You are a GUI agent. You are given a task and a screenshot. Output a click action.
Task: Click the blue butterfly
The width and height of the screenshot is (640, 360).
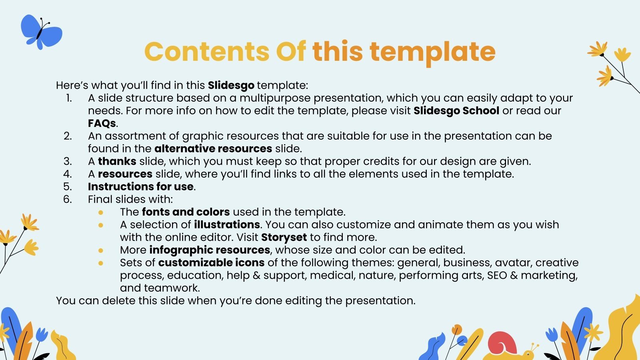(x=41, y=32)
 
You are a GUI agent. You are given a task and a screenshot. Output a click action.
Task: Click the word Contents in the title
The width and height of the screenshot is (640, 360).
(x=206, y=52)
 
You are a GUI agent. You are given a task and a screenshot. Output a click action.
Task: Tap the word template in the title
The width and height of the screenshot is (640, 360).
(x=432, y=52)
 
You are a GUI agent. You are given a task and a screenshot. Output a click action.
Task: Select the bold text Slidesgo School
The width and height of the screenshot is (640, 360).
(x=456, y=111)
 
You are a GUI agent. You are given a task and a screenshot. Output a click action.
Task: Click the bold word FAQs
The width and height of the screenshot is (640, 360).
(x=102, y=123)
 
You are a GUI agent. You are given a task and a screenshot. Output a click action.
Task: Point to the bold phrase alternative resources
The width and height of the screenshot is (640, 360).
(x=213, y=149)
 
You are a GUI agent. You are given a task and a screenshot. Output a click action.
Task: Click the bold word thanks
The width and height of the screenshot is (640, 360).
(x=117, y=161)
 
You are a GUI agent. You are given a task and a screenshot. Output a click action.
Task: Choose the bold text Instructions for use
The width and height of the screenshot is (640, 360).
(x=141, y=187)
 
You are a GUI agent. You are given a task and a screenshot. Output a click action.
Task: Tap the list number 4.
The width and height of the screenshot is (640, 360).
(x=68, y=174)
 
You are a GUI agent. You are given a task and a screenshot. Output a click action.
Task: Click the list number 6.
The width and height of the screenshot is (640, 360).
(x=68, y=199)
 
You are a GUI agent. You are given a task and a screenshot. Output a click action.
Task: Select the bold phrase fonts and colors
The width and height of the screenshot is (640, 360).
(x=186, y=212)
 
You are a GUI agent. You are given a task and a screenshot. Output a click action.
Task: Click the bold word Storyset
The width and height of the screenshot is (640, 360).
(x=284, y=237)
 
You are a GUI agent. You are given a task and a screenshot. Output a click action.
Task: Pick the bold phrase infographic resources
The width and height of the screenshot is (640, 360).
(x=210, y=250)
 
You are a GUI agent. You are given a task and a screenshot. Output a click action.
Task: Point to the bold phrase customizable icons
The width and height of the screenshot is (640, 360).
(x=211, y=263)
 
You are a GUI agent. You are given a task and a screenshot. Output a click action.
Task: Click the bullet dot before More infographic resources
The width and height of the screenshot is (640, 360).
(x=101, y=250)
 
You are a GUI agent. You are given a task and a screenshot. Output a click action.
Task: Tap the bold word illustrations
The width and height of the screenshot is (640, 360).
(x=227, y=225)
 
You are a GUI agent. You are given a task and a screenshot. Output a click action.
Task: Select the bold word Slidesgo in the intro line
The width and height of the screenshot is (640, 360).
(x=231, y=85)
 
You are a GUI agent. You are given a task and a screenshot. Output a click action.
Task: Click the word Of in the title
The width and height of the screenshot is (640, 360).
(x=291, y=52)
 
